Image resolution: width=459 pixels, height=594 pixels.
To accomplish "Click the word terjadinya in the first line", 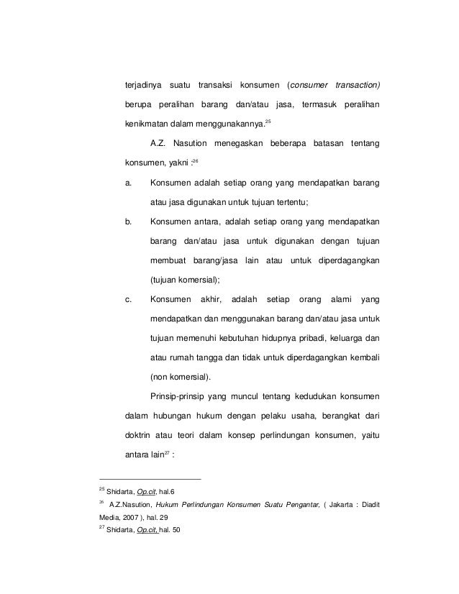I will click(x=145, y=86).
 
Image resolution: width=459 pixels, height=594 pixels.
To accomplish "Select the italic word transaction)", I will click(x=354, y=86).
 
